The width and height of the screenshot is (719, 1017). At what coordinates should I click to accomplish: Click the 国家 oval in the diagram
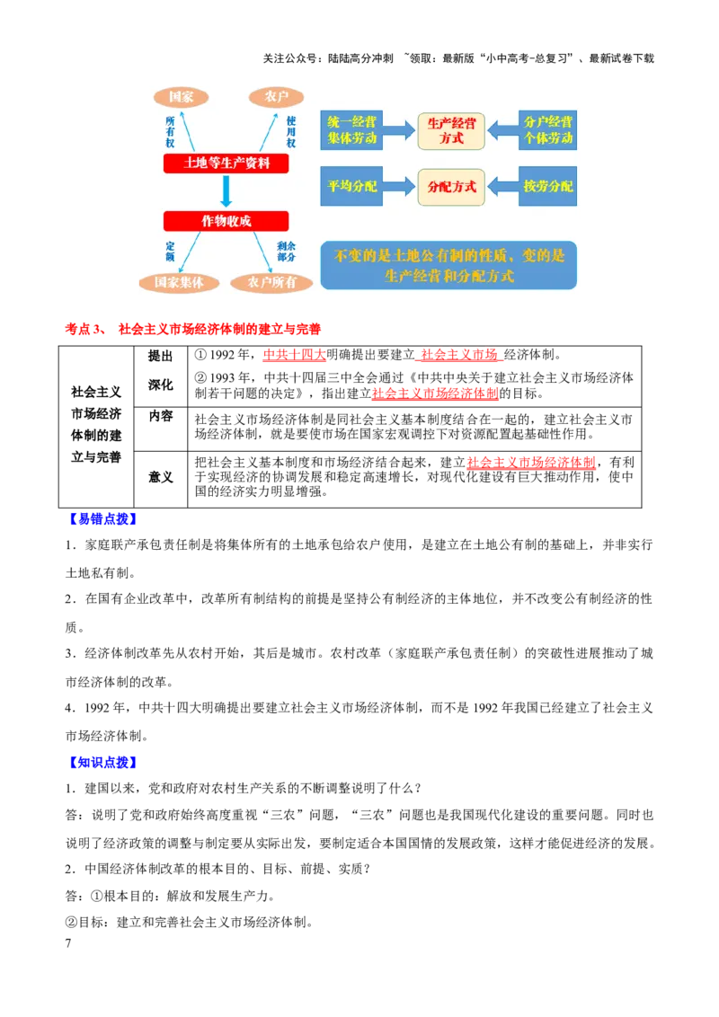point(181,97)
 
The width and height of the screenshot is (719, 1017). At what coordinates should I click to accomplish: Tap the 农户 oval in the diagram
point(277,97)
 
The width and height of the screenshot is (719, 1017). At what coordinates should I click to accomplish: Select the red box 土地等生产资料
point(226,163)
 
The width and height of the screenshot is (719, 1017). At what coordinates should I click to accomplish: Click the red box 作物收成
point(226,221)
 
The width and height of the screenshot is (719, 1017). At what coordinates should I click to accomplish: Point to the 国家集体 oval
point(179,283)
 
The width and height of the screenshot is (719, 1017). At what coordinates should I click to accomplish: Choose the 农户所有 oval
point(272,283)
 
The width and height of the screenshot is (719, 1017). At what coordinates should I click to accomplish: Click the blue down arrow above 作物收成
point(226,191)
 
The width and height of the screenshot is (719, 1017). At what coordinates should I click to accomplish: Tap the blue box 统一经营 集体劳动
point(351,129)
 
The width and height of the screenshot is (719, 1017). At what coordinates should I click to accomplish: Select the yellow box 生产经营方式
point(451,130)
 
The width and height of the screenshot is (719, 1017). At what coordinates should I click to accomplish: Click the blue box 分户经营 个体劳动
point(547,129)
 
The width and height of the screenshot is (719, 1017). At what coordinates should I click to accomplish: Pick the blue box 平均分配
point(351,186)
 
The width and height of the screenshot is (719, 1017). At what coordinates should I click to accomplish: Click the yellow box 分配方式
point(451,187)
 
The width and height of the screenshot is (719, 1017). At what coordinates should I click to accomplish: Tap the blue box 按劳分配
point(547,186)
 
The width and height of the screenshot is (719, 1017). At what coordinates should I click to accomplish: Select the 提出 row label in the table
point(160,356)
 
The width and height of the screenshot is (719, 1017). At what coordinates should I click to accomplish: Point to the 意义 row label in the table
point(160,477)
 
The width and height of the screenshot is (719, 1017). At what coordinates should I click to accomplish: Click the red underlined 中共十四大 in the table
point(294,355)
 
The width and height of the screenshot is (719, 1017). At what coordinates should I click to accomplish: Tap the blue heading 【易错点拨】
point(102,519)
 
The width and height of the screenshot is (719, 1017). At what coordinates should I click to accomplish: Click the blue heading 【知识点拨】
point(102,763)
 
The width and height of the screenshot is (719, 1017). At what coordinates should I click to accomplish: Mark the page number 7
point(68,943)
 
